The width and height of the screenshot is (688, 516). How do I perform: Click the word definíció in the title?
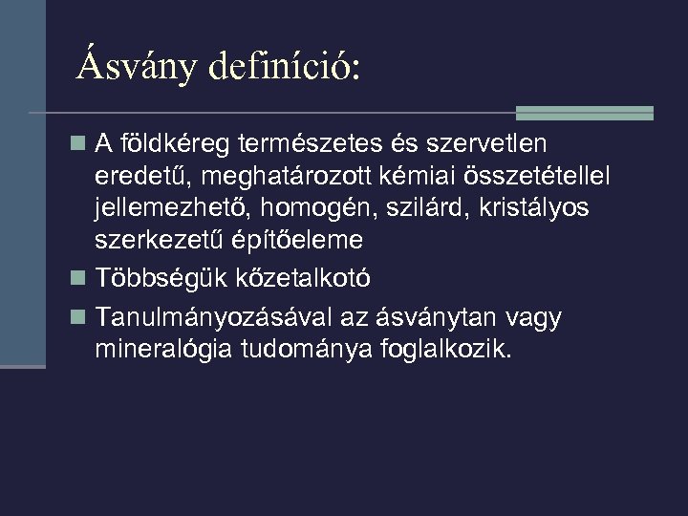(x=284, y=66)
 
